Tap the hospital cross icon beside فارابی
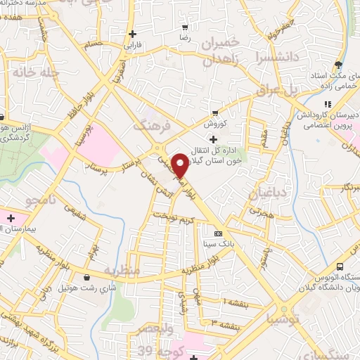[132, 33]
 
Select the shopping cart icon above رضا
[185, 28]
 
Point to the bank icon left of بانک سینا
[217, 233]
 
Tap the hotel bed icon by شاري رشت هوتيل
[86, 278]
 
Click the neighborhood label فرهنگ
[150, 125]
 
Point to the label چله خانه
[28, 72]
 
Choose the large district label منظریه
[122, 270]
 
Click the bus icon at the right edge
[340, 267]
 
